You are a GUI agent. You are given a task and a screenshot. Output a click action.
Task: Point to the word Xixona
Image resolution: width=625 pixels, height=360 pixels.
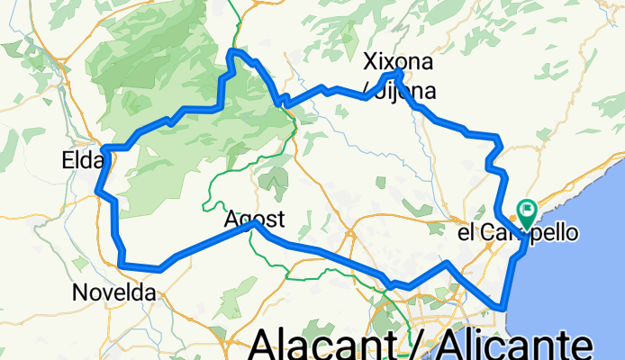coord(397,62)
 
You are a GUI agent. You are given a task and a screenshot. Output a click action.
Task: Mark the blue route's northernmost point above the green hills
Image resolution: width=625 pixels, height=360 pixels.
coord(233,52)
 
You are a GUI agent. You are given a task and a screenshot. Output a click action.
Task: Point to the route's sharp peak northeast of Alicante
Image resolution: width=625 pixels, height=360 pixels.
coord(446,263)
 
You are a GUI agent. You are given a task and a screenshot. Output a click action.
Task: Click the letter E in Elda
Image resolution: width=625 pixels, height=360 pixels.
coord(68,161)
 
